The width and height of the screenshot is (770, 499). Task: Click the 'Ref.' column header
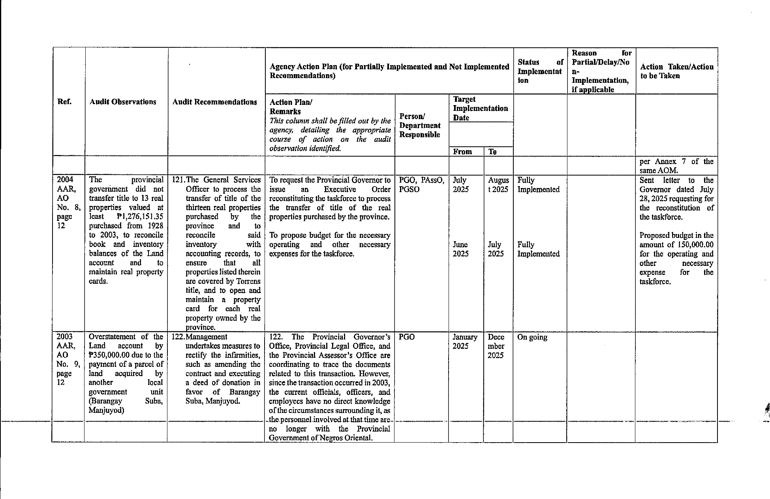coord(64,102)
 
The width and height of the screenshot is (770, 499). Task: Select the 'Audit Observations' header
coord(123,102)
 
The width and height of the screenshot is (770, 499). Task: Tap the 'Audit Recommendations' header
coord(214,102)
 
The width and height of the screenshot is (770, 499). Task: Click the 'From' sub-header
coord(462,151)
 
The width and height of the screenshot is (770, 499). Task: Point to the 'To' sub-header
coord(492,151)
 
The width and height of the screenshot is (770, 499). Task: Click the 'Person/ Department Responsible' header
coord(420,125)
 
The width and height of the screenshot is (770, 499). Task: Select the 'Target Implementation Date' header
coord(480,108)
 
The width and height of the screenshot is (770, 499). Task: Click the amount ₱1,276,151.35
coord(140,217)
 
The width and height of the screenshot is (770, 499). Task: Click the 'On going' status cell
coord(532,337)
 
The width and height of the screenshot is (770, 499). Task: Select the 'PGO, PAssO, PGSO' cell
coord(421,185)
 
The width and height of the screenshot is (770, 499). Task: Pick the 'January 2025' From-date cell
coord(465,342)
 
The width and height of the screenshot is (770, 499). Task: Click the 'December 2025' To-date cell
coord(496,346)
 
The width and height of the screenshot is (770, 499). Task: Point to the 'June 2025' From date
coord(460,249)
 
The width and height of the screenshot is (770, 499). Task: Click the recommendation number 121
coord(178,180)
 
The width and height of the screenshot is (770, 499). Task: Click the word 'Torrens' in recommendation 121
coord(248,281)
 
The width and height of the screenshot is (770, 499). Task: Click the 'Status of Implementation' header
coord(540,71)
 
